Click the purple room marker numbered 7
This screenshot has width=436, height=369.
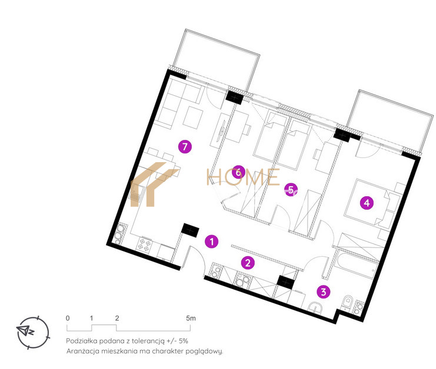click(x=185, y=146)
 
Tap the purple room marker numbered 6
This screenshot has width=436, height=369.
click(x=238, y=172)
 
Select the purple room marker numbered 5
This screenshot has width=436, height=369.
click(x=291, y=190)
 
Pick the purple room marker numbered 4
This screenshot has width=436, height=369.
click(x=367, y=203)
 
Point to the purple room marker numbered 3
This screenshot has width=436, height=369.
click(x=324, y=291)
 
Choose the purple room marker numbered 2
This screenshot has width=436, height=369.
click(x=248, y=263)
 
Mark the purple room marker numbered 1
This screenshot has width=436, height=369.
click(x=212, y=241)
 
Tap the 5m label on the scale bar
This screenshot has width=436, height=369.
click(x=191, y=318)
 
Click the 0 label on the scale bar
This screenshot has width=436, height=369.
click(x=68, y=318)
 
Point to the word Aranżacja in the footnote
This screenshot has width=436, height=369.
click(x=82, y=351)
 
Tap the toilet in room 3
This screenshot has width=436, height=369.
click(x=347, y=302)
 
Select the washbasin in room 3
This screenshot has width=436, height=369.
click(x=315, y=308)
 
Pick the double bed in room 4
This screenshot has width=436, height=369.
click(x=367, y=203)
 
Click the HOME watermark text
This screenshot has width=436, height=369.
click(x=243, y=177)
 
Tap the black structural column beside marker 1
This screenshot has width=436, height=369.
click(x=190, y=230)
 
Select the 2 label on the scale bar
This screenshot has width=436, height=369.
click(x=117, y=318)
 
